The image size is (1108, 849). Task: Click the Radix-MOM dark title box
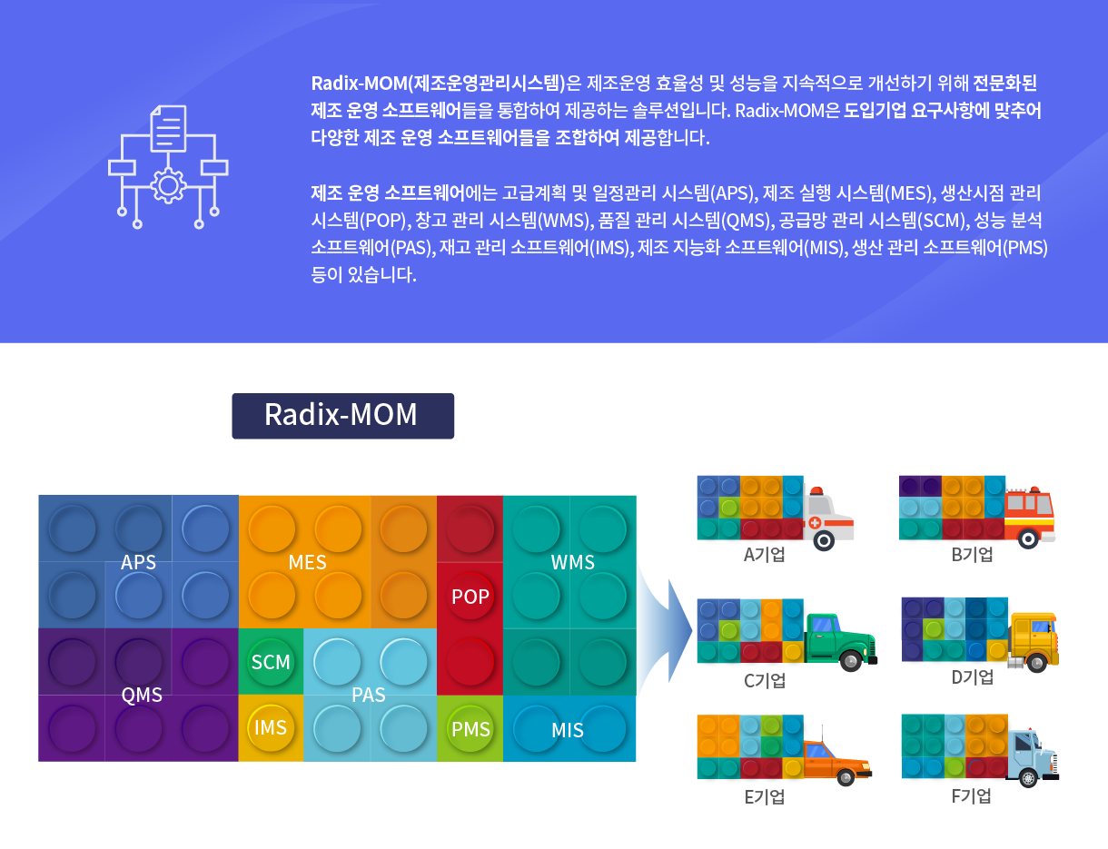click(x=342, y=415)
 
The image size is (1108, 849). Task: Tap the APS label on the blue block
click(x=138, y=562)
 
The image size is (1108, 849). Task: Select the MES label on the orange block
click(x=307, y=562)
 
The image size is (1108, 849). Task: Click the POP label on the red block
click(x=470, y=597)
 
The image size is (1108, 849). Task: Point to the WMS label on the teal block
click(x=572, y=562)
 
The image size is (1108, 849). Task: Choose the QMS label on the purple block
click(x=142, y=695)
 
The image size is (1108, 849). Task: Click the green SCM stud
click(x=271, y=662)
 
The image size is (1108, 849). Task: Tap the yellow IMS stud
click(x=271, y=727)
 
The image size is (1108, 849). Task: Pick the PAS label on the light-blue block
click(x=369, y=695)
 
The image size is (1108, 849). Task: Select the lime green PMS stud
click(x=470, y=729)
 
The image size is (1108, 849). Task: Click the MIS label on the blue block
click(x=568, y=730)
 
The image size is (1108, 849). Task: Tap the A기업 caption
click(x=764, y=555)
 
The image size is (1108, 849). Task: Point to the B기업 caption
click(x=972, y=555)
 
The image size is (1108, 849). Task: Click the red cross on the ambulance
click(x=815, y=522)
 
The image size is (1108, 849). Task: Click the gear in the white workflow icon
click(x=168, y=185)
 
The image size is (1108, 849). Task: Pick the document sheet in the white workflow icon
click(x=168, y=128)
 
